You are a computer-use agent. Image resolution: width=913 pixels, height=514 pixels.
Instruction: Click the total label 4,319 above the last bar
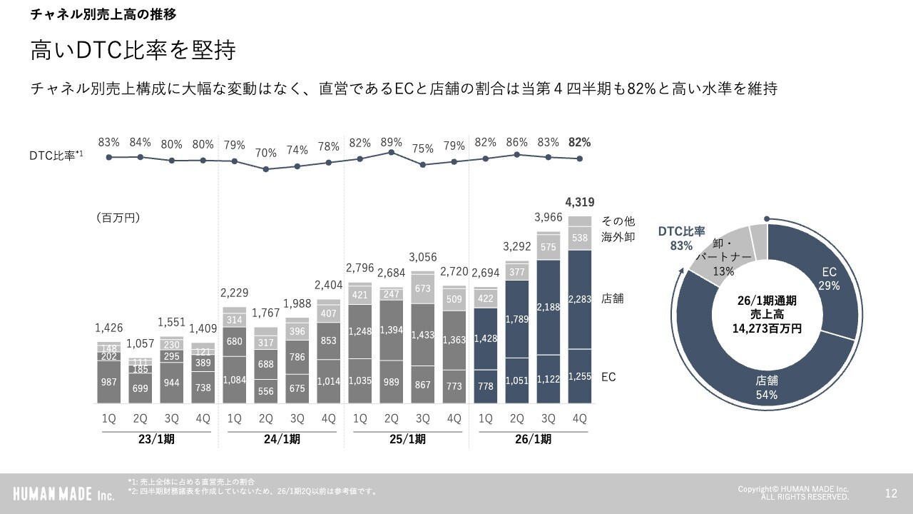579,202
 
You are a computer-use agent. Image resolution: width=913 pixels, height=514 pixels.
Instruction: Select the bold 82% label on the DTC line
579,142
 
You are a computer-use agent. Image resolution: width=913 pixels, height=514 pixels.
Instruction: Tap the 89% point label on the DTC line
391,142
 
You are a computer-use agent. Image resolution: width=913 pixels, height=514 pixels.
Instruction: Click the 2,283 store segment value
579,298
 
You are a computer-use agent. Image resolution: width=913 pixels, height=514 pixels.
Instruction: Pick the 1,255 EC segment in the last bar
579,377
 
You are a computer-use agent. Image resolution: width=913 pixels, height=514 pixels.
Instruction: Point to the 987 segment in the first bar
108,383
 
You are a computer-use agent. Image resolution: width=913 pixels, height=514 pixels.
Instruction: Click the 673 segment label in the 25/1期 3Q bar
422,288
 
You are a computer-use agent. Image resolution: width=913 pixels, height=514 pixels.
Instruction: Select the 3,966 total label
548,217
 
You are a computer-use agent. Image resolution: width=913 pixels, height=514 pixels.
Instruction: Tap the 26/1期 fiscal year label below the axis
533,439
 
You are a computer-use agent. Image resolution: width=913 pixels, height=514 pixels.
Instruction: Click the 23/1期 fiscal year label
156,439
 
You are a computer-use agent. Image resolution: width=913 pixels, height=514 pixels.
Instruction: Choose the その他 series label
618,221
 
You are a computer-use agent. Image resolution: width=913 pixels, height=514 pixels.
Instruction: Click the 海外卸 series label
618,236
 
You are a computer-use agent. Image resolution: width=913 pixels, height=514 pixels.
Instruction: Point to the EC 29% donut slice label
829,278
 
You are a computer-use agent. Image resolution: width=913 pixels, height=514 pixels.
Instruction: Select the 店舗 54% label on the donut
767,388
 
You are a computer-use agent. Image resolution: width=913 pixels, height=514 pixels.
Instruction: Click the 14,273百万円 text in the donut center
767,328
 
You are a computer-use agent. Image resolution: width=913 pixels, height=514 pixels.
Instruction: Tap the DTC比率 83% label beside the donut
681,238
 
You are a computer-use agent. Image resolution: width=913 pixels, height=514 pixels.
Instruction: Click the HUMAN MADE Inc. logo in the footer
63,493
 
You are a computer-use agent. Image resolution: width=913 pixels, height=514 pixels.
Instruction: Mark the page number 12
891,493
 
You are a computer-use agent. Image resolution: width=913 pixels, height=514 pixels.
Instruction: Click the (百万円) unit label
117,218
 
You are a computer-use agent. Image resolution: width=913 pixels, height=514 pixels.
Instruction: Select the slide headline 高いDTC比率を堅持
133,51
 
